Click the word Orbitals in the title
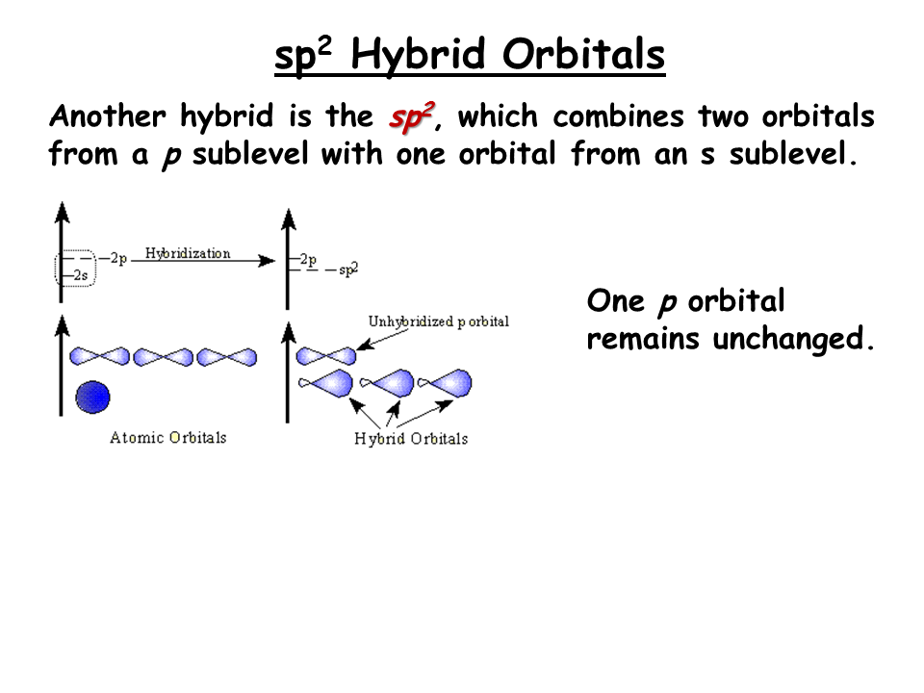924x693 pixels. (x=583, y=54)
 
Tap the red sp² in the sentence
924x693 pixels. (x=412, y=116)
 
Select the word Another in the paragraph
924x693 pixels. (x=108, y=115)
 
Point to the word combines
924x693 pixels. (x=618, y=115)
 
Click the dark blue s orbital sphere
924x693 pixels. (x=92, y=397)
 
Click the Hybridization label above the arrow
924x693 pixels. (x=188, y=253)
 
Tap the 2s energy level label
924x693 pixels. (x=81, y=275)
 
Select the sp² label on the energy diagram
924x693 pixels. (x=348, y=269)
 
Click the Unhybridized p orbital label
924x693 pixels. (x=439, y=321)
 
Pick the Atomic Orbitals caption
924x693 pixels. (x=167, y=437)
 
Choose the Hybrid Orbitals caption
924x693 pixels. (x=411, y=439)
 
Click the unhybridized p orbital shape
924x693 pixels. (x=326, y=356)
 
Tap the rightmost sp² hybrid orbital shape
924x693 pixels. (x=445, y=383)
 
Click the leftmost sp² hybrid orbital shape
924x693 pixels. (x=326, y=383)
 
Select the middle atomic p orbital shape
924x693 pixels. (x=164, y=357)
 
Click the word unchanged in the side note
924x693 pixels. (x=793, y=339)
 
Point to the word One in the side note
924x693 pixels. (x=615, y=301)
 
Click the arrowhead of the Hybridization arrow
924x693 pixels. (x=268, y=261)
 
